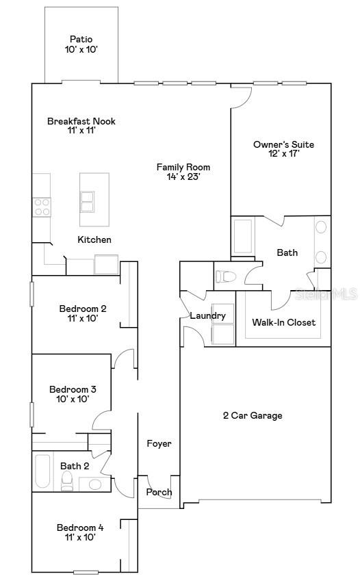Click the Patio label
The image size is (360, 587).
click(81, 40)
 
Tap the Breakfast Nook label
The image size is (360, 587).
click(81, 121)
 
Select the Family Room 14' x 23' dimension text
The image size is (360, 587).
click(183, 177)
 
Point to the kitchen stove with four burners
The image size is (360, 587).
click(42, 207)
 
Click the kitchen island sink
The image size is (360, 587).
click(88, 202)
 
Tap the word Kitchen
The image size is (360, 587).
click(94, 239)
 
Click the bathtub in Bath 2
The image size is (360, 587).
click(42, 471)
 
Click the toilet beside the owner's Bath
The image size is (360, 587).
click(226, 277)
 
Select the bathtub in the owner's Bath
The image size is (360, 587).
click(243, 237)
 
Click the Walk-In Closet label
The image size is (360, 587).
click(283, 322)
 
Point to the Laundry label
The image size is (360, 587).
click(207, 315)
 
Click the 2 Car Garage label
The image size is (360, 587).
click(252, 415)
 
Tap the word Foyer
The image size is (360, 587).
click(159, 443)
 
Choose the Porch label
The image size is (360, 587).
click(159, 492)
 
